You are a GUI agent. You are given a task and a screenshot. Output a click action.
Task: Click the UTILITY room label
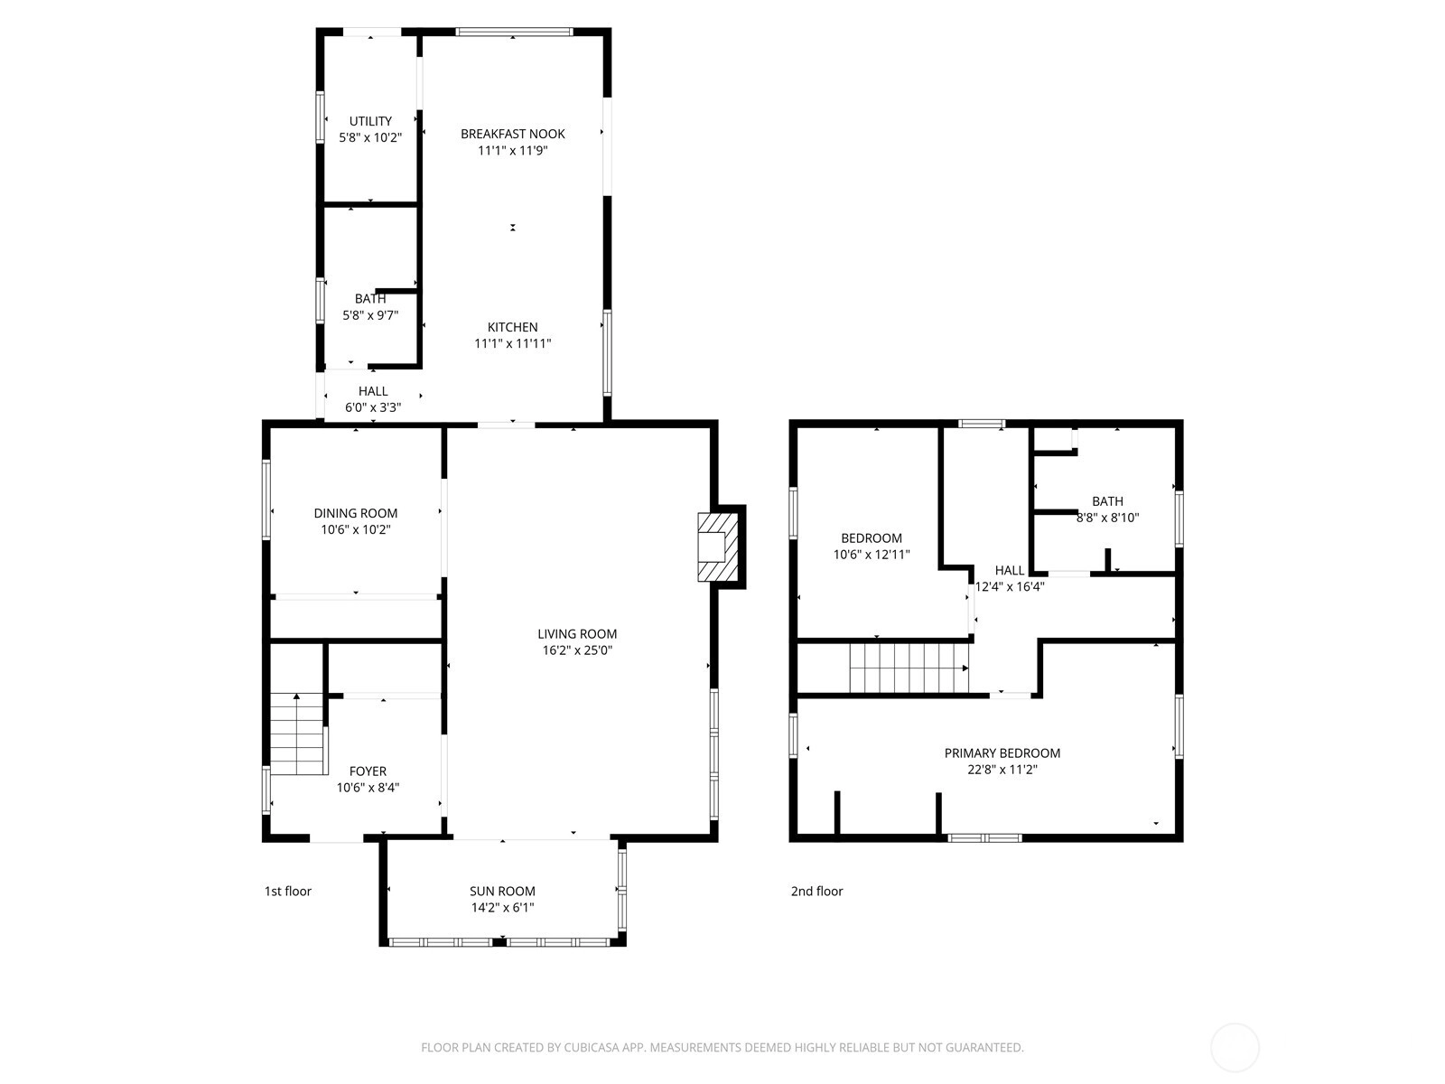coord(370,121)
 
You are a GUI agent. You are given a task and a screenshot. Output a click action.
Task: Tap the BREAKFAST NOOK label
coord(512,134)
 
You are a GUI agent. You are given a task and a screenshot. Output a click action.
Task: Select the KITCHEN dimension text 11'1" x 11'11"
coord(512,343)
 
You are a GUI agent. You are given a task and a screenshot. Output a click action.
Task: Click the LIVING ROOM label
coord(577,634)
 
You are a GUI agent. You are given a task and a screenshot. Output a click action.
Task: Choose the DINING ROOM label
coord(356,513)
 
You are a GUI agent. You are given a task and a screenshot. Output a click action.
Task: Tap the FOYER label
coord(368,771)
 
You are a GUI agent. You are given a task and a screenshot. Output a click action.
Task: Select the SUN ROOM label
coord(501,891)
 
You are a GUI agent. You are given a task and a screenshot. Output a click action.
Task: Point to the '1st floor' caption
coord(288,891)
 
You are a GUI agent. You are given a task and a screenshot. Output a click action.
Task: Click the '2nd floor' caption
coord(816,891)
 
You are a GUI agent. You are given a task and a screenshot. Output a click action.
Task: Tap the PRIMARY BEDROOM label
coord(1002,753)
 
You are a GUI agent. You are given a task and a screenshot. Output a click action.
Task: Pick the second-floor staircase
coord(909,668)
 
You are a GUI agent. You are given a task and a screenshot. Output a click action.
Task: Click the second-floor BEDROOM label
coord(871,537)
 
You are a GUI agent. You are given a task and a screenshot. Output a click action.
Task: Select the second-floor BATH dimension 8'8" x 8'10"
coord(1107,518)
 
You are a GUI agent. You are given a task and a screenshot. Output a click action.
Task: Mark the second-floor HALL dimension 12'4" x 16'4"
coord(1009,586)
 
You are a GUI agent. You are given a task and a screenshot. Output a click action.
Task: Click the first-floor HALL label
coord(373,391)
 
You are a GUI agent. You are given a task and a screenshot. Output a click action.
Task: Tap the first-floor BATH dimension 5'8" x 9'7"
coord(370,315)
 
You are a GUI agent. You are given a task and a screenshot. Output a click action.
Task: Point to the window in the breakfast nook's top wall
coord(514,32)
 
